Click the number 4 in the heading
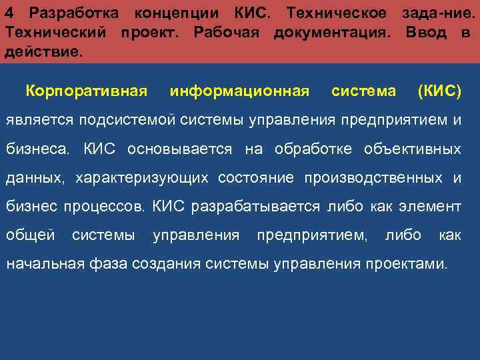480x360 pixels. point(9,13)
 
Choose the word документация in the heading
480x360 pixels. point(331,33)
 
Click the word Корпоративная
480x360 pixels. point(85,91)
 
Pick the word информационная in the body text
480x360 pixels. point(239,91)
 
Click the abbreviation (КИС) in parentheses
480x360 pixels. point(438,91)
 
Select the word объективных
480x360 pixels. point(412,149)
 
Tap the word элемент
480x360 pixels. point(431,207)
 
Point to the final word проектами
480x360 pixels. point(412,264)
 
